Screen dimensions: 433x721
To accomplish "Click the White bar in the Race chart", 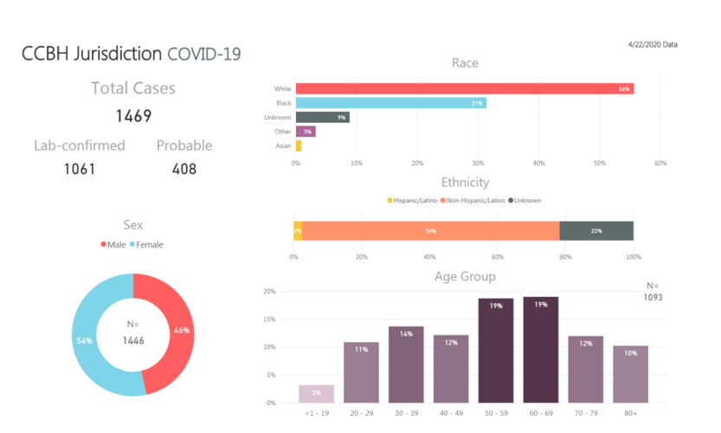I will (x=465, y=88).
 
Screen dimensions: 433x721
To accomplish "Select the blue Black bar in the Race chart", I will (x=390, y=103).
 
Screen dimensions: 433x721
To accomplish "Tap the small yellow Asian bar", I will (x=299, y=145).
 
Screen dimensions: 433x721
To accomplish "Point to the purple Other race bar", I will (x=306, y=132).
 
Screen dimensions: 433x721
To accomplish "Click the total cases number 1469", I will (x=133, y=116).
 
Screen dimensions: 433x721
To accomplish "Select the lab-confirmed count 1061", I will (x=80, y=168).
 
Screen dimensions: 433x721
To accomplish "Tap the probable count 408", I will (x=183, y=168).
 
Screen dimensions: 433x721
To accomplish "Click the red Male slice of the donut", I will (x=174, y=331).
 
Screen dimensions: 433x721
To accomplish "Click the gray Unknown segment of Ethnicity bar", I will (x=596, y=230).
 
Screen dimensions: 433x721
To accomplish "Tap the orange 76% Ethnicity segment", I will (x=430, y=230).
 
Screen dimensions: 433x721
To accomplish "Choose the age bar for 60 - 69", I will (x=541, y=350).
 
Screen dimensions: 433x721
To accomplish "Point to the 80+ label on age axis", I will (x=630, y=413).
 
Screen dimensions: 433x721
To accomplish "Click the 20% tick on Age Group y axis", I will (x=269, y=292).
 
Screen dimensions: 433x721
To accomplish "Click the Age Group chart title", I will (x=465, y=277).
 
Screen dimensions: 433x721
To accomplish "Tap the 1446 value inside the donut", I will (x=132, y=340).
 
